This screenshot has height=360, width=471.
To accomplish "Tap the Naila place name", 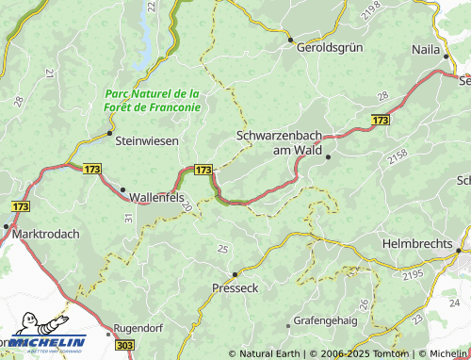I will tap(427, 49).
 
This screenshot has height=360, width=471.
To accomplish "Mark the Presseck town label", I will tap(235, 287).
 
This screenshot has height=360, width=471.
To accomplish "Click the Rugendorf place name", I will tap(139, 328).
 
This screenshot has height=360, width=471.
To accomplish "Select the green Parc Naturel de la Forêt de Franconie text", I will tap(153, 100).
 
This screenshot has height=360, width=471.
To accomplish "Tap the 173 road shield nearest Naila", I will tap(380, 121).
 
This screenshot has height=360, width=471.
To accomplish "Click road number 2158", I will tap(397, 154).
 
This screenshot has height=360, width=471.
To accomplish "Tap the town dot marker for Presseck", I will tap(235, 273).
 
